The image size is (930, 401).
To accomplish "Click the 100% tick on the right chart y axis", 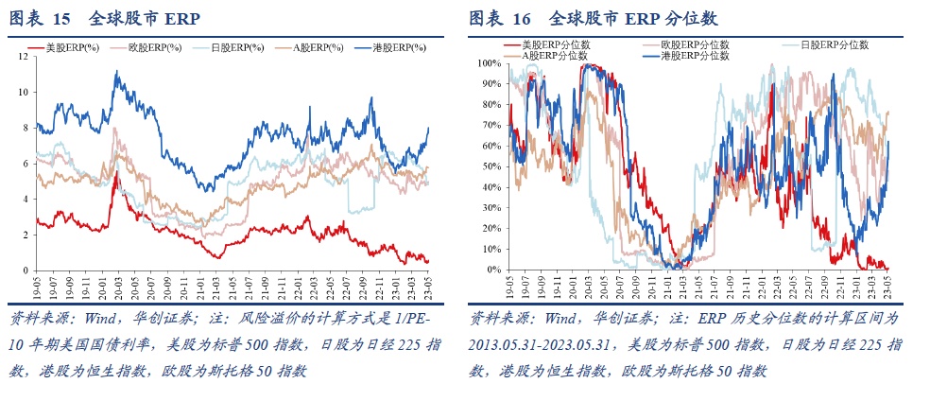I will pyautogui.click(x=491, y=62).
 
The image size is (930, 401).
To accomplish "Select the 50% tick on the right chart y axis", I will pyautogui.click(x=493, y=166).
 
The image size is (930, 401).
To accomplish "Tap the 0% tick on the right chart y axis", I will pyautogui.click(x=495, y=270).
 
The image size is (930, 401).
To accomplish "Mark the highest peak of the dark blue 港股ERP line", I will pyautogui.click(x=115, y=72).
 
